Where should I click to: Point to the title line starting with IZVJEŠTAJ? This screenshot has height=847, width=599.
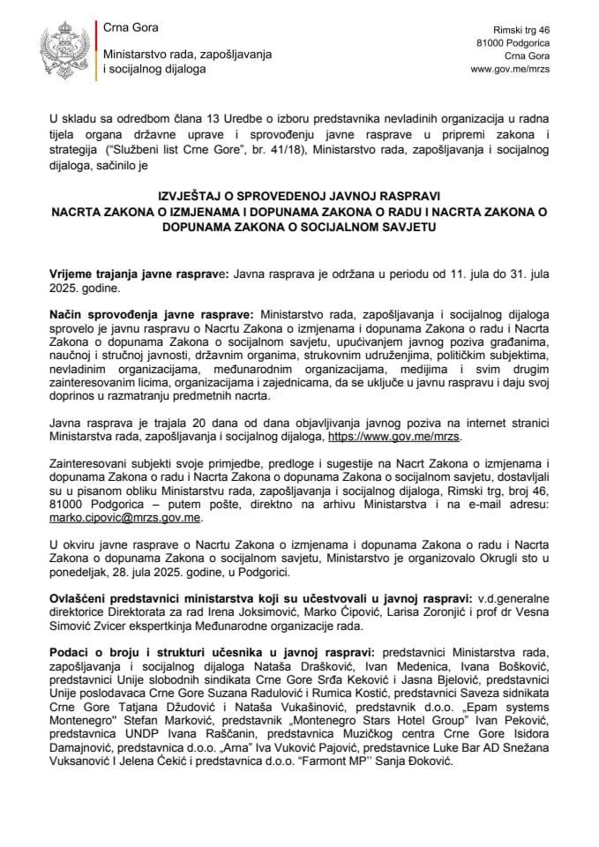click(x=299, y=194)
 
